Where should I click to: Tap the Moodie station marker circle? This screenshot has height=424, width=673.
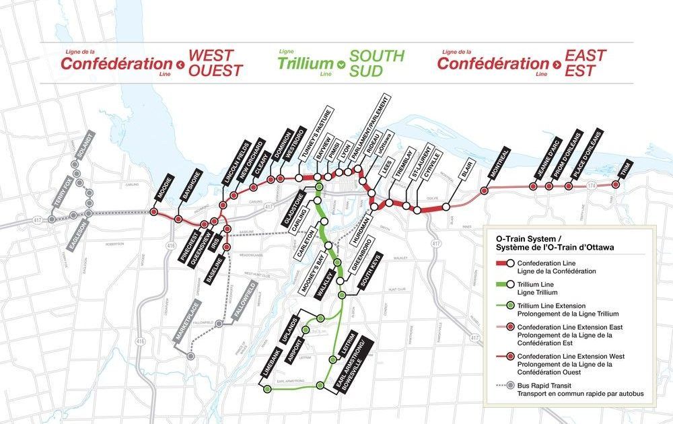pos(153,211)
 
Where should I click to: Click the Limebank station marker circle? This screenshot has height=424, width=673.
pos(267,389)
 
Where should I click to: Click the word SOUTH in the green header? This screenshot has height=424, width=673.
pos(377,56)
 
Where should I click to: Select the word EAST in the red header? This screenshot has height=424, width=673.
pos(585,56)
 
